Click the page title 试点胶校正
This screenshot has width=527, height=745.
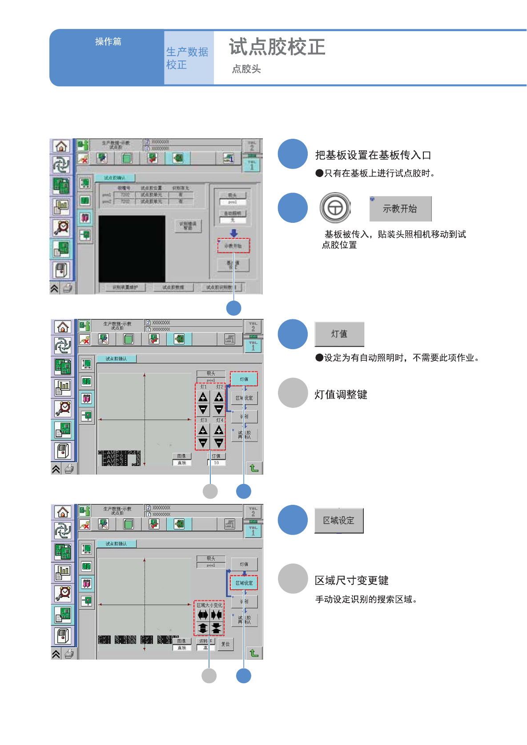277,47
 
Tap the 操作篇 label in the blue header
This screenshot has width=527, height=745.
108,42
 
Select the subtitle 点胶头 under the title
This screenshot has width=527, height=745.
246,69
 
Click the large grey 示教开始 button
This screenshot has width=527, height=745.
400,209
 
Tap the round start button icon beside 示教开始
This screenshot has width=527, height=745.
335,208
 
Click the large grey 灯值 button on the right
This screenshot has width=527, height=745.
339,334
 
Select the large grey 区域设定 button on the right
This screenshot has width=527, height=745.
339,520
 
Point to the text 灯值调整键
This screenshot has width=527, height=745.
341,395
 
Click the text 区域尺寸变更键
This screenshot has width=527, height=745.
351,580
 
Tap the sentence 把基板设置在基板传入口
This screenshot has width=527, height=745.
373,155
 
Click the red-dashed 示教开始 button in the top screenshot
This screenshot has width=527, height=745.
233,246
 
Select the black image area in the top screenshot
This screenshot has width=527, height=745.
132,248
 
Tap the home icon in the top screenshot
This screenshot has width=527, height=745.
61,146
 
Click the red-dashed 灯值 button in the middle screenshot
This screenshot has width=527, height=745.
244,379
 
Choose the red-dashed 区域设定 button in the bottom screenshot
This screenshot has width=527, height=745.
244,583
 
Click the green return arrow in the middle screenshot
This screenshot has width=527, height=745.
254,468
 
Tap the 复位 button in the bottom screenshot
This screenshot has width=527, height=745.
226,644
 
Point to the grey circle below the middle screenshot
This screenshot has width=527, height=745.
210,491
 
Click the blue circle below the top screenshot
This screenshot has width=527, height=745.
234,308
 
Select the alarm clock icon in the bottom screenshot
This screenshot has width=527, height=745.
63,593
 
